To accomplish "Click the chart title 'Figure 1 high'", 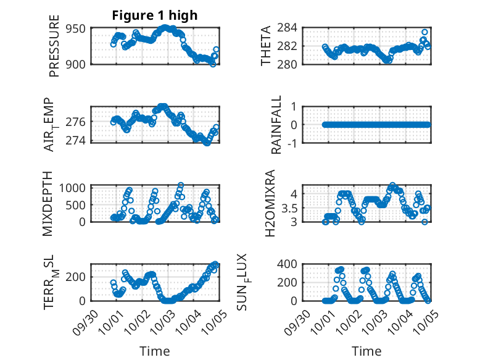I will [155, 16].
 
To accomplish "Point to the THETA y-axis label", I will [266, 46].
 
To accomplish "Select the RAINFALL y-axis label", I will [277, 125].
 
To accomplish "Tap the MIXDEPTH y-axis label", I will [48, 203].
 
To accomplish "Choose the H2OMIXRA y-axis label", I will [270, 203].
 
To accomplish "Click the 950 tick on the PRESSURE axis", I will [78, 28].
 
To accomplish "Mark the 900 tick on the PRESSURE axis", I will [78, 64].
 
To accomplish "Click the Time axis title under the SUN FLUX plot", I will [366, 351].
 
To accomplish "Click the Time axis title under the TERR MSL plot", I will [154, 351].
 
